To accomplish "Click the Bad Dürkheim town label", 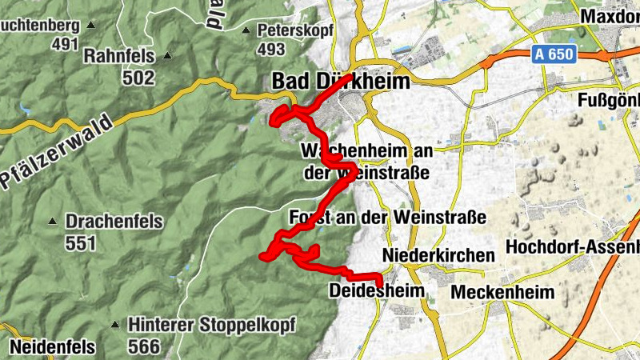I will coord(341,82).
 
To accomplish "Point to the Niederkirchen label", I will coord(438,254).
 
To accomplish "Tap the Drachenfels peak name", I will coord(114,221).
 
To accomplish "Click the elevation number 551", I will coord(81,243).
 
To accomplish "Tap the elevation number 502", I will coord(138,78).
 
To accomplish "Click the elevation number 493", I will coord(272,50).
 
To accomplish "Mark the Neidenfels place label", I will coord(53,347).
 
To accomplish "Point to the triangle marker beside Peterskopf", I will coord(246,30).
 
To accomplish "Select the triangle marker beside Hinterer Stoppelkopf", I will coord(115,326).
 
